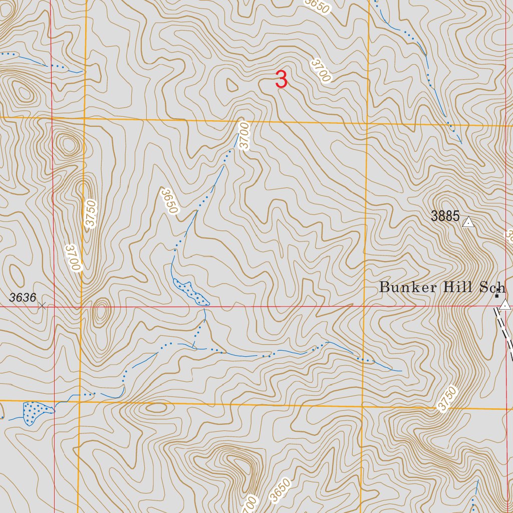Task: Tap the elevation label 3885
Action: (445, 216)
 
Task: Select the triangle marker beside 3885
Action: (468, 222)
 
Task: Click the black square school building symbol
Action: (496, 296)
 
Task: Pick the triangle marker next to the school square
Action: (505, 305)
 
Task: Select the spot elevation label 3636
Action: (23, 298)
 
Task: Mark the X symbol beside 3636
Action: (43, 305)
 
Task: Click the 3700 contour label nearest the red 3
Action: (321, 70)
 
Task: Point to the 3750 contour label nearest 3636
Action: (90, 214)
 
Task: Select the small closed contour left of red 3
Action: (232, 86)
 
